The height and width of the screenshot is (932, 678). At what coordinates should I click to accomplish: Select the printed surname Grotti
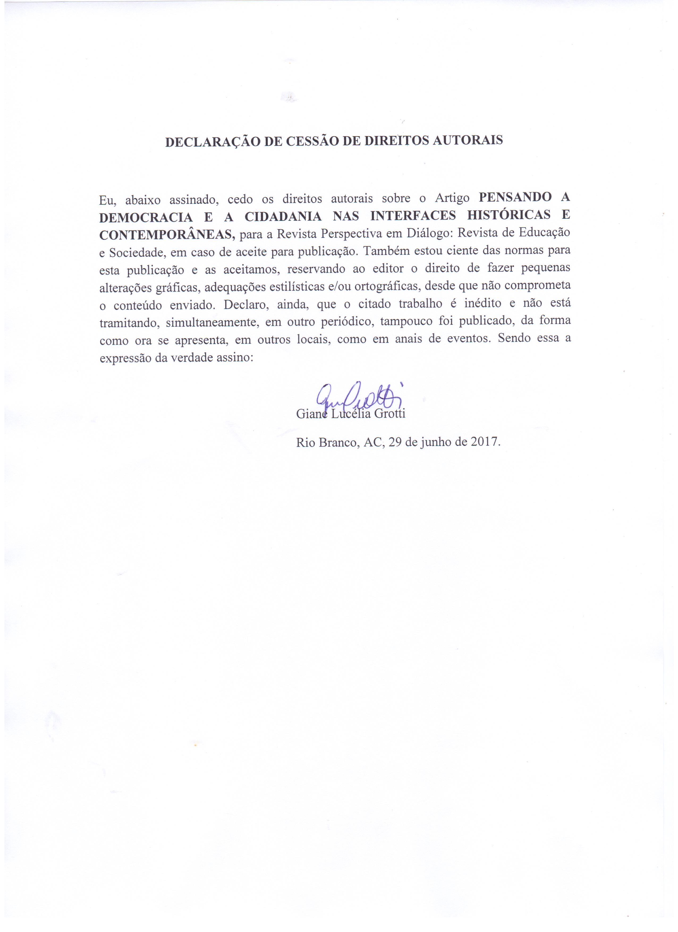pyautogui.click(x=390, y=413)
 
